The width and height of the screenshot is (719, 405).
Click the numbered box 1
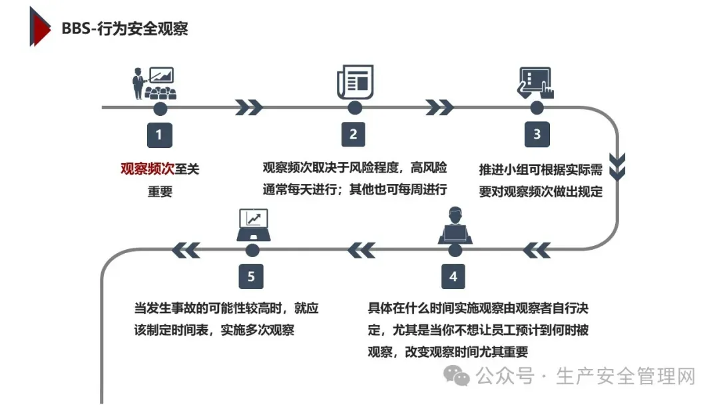159,135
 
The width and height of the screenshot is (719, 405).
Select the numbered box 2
354,135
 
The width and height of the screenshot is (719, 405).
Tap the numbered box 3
537,135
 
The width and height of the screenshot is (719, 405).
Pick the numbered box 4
453,276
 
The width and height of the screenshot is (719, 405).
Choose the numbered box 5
251,276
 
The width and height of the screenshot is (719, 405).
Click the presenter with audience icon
152,83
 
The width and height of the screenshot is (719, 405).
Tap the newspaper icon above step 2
355,82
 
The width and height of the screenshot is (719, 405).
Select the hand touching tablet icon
536,83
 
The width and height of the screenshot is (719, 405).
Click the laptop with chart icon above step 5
253,225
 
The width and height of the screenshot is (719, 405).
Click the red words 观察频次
137,169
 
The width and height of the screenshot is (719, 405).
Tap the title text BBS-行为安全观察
124,29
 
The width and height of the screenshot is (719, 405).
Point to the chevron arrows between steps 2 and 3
439,107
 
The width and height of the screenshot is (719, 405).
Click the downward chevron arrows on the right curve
618,167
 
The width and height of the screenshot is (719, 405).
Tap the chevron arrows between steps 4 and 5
361,250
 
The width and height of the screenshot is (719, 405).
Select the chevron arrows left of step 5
186,250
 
